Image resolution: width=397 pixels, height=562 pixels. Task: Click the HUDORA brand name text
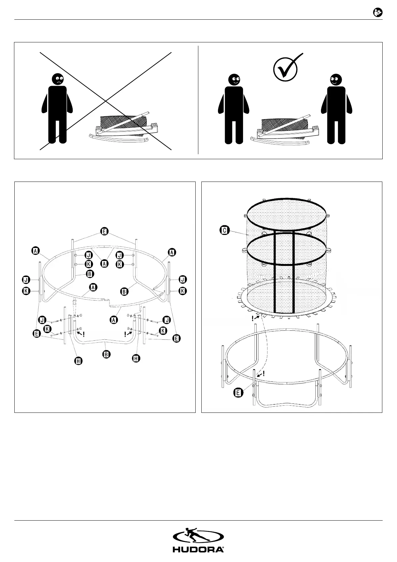[198, 549]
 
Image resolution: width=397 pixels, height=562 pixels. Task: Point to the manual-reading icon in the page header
[377, 13]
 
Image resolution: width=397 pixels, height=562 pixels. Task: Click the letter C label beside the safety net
[225, 230]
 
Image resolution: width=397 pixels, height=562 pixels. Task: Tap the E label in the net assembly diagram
[238, 393]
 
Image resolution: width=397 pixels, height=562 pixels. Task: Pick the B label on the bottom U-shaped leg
[106, 354]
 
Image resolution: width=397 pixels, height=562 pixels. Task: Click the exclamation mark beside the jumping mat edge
[252, 319]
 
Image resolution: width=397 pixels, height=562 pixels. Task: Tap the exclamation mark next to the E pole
[264, 373]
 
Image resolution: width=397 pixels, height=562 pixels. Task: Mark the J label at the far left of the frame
[25, 279]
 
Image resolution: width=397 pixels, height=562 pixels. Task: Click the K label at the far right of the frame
[183, 291]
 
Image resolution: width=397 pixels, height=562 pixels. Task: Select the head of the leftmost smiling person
[234, 79]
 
